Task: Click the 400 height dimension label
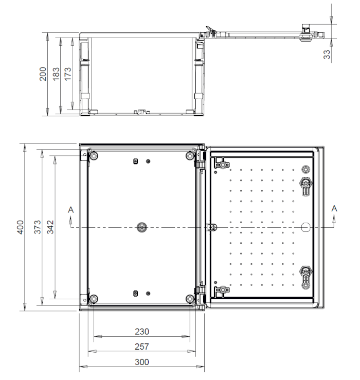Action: point(21,227)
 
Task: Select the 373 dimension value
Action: point(38,227)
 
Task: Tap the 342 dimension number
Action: point(50,227)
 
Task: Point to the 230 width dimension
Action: point(142,331)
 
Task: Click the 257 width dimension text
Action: point(142,347)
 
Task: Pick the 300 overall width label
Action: point(142,362)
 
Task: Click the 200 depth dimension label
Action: point(43,74)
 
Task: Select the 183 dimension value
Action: point(56,74)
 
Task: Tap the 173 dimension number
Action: point(68,74)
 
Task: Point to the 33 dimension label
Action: point(327,55)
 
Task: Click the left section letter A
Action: point(71,210)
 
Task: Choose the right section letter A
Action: point(334,208)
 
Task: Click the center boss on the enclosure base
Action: point(142,227)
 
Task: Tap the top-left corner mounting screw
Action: point(94,155)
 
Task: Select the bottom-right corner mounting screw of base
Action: point(190,299)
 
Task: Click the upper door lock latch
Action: point(306,186)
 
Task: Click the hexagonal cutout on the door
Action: point(305,227)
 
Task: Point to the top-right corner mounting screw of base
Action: point(190,155)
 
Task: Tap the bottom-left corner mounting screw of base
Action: point(94,299)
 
